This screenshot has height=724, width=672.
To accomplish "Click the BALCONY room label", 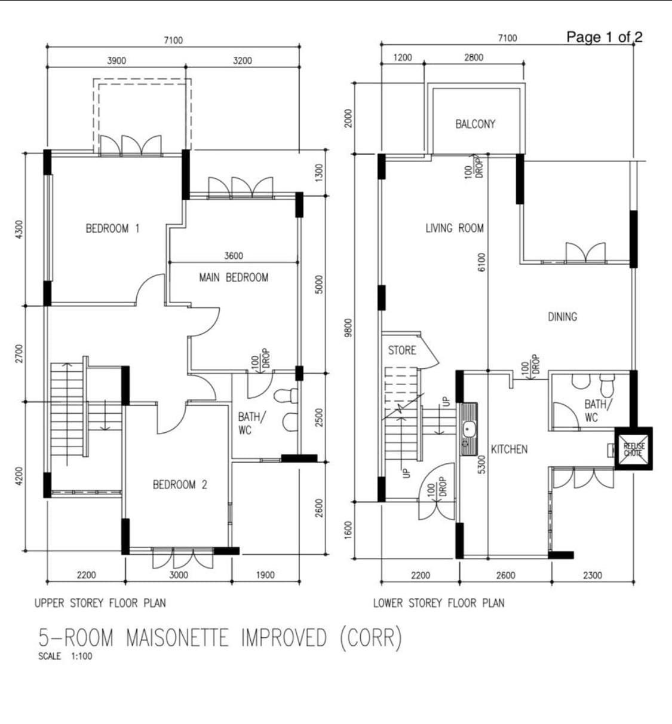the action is [475, 124].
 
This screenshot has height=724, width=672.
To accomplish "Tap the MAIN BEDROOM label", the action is [234, 278].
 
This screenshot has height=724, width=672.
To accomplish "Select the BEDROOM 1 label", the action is [112, 228].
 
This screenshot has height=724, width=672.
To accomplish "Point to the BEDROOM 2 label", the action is [180, 484].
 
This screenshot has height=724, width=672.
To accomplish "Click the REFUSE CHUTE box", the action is [633, 448].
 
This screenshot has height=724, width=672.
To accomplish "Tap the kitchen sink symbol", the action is [469, 429].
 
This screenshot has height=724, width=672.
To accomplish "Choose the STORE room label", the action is [402, 350].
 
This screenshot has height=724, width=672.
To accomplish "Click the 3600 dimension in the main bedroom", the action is [234, 256].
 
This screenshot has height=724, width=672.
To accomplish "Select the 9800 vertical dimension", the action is [349, 328].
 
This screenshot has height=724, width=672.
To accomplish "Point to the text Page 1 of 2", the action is [605, 37].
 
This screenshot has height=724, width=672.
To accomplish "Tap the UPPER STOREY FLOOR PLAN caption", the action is [100, 603].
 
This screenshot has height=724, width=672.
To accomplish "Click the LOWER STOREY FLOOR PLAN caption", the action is [439, 603].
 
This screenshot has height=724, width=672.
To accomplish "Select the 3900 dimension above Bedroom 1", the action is [116, 60].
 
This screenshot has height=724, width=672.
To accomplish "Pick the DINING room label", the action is [562, 317].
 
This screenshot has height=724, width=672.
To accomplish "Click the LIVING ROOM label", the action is [455, 228].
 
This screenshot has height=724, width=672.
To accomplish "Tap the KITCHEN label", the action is [509, 450].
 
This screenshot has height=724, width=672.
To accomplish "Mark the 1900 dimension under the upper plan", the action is [265, 575].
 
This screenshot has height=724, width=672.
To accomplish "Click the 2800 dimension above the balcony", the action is [474, 57].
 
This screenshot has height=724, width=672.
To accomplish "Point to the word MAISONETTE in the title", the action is [177, 638].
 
